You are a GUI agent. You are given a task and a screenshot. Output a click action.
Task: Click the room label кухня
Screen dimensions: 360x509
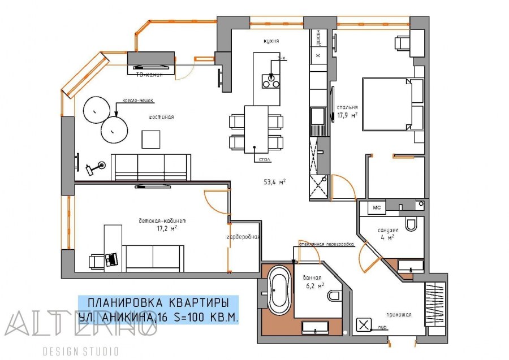pos(271,42)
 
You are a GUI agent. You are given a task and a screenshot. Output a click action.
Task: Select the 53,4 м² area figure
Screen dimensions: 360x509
pos(274,182)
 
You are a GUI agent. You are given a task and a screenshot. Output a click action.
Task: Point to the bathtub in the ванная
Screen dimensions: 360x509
pos(279,290)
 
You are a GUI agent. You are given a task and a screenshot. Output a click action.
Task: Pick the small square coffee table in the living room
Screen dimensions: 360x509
pos(150,138)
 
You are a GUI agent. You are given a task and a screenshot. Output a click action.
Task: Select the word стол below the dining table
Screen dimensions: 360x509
pos(264,161)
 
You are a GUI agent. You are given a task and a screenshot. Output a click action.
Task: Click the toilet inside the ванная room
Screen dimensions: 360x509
pos(334,295)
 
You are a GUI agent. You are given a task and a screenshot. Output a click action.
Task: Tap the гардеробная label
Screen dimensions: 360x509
pos(243,237)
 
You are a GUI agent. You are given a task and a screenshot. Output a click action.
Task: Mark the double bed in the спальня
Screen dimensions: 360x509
pos(392,105)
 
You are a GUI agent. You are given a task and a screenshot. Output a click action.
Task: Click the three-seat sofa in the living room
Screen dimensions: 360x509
pos(150,167)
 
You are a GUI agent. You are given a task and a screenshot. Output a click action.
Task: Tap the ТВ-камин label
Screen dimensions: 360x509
pos(150,74)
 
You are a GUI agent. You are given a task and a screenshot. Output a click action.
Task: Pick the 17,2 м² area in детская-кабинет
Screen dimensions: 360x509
pos(167,229)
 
